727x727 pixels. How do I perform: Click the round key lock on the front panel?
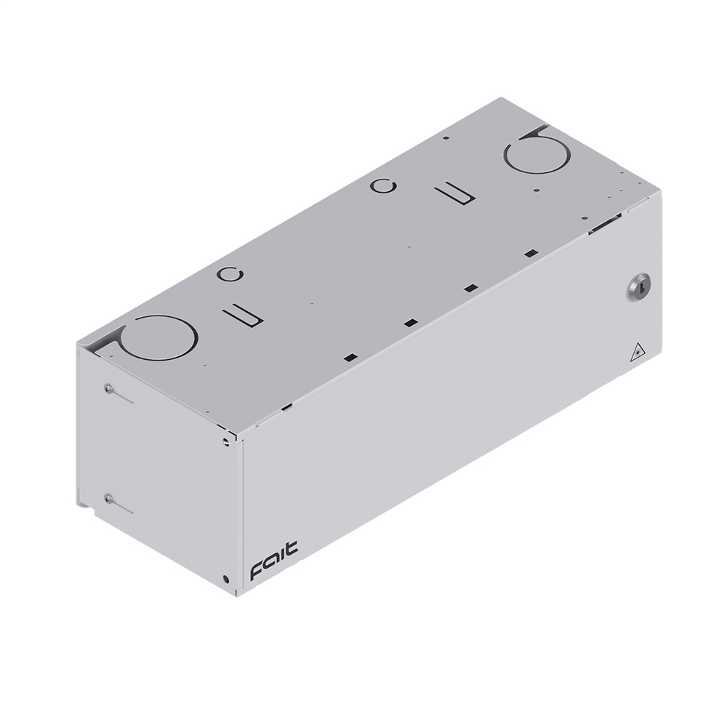(x=639, y=286)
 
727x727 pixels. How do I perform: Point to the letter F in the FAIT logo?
(x=257, y=571)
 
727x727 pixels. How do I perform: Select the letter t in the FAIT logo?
(x=292, y=547)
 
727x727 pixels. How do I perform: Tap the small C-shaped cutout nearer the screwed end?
(x=230, y=276)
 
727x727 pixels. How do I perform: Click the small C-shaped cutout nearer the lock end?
(x=383, y=186)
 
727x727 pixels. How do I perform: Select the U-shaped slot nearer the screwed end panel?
(x=244, y=316)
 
